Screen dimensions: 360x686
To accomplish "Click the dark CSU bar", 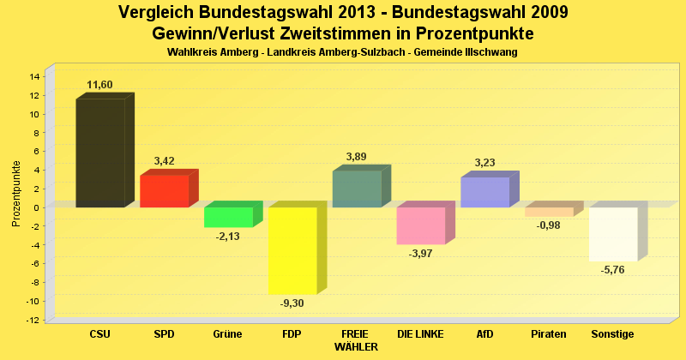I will tap(100, 153).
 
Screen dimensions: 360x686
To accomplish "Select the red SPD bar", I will tap(164, 191).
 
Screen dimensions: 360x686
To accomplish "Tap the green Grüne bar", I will tap(228, 217).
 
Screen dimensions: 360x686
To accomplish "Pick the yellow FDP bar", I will tap(292, 250).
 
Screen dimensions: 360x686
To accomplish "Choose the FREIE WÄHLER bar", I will tap(356, 189).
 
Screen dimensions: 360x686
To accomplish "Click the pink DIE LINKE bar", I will tap(420, 225).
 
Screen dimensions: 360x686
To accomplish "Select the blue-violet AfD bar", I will tap(484, 192).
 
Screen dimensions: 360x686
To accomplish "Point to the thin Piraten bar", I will tap(549, 212).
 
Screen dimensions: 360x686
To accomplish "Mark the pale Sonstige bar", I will tap(612, 234).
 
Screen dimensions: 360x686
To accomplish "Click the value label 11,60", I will tap(99, 85).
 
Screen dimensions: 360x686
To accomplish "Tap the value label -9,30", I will tap(292, 303).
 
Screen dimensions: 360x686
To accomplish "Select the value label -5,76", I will tap(613, 271).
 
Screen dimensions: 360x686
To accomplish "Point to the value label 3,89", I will tap(356, 156).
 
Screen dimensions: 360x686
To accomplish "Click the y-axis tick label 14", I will tap(35, 76).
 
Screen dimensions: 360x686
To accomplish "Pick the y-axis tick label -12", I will tap(33, 320).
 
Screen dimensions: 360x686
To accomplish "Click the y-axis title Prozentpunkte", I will tap(16, 193).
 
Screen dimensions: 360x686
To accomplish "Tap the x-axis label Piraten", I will tap(549, 333).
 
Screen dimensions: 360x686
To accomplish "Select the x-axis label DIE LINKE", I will tap(420, 333).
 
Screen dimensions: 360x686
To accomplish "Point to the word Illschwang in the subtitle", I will tap(491, 52).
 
